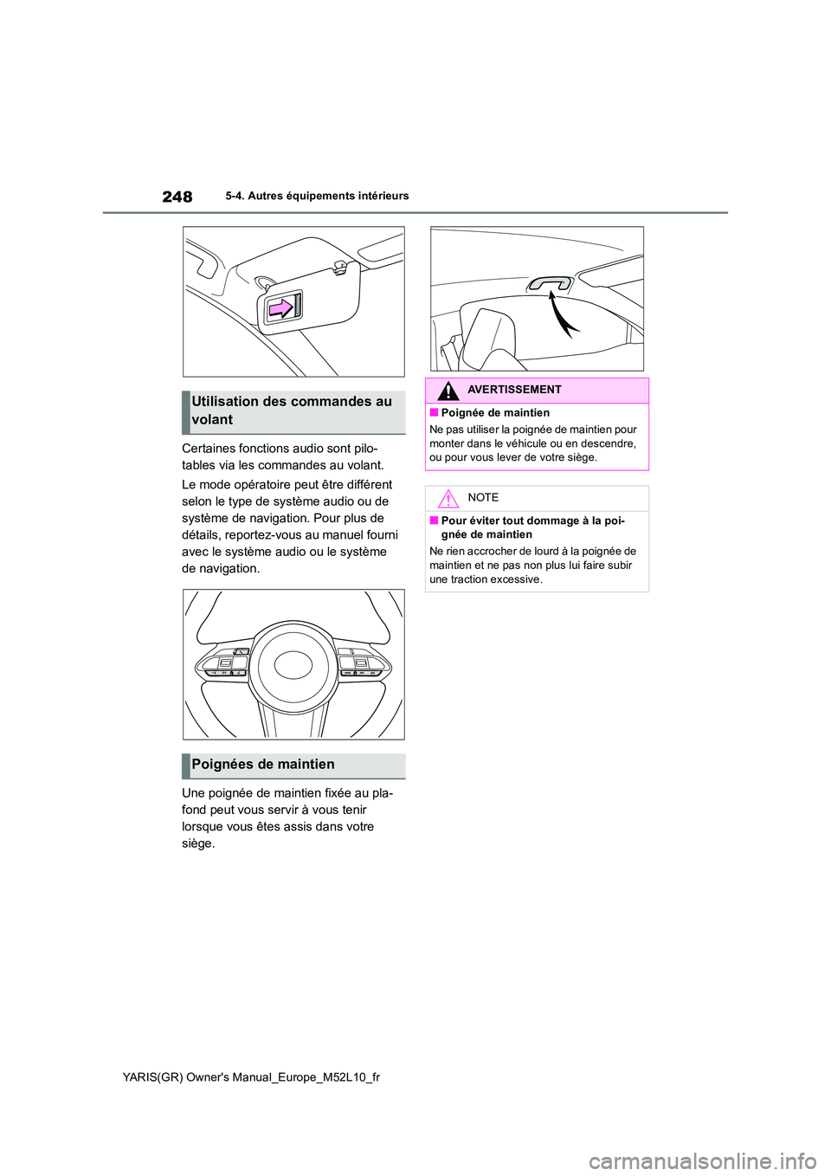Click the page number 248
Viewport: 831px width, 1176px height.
[x=177, y=197]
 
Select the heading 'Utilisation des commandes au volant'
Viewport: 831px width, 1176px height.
[x=292, y=410]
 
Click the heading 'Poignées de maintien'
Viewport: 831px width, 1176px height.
[x=263, y=765]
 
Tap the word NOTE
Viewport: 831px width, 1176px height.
[x=482, y=498]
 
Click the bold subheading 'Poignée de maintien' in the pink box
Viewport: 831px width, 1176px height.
[x=495, y=413]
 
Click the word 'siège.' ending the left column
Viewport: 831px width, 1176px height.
[x=198, y=843]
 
